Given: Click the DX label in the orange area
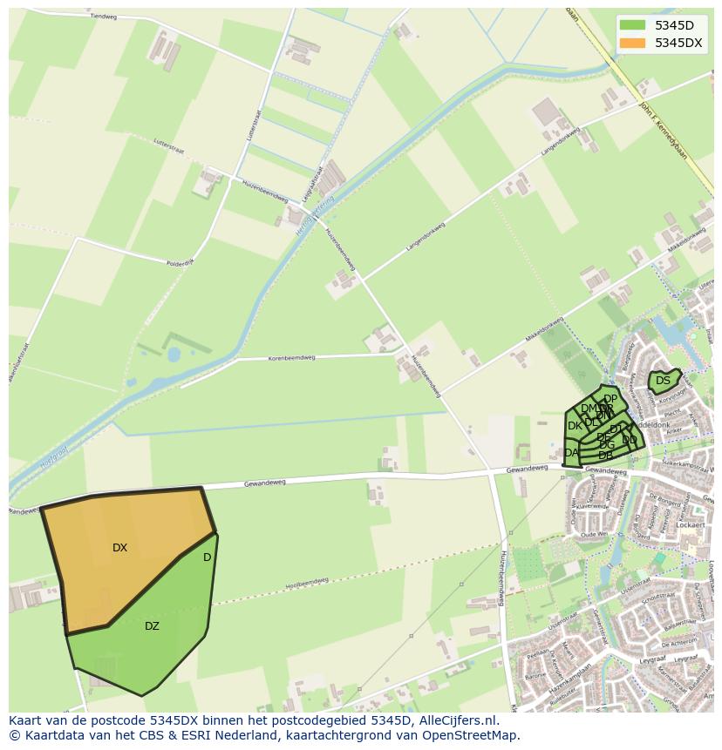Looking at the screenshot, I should coord(119,548).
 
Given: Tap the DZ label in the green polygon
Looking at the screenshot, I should coord(152,626).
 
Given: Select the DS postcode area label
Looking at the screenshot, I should coord(663,381).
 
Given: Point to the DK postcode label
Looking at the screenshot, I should coord(575,426).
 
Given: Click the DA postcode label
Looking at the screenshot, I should coord(571,453).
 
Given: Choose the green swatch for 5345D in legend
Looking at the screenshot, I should coord(632,24).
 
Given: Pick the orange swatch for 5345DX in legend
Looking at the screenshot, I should coord(632,43).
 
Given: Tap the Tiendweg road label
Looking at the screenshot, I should coord(103,17).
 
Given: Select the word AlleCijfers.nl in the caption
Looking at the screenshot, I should coord(458,720).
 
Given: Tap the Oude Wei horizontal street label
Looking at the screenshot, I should coord(593,534).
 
